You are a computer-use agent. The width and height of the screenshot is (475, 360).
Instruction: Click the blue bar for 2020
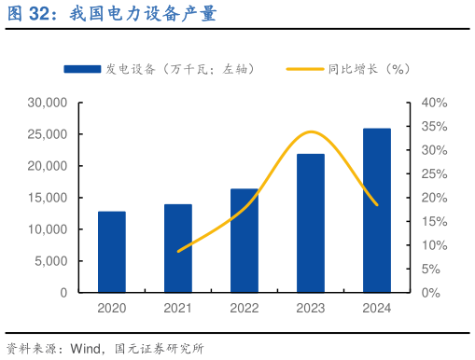112,252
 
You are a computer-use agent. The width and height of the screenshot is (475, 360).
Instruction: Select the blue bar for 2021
178,248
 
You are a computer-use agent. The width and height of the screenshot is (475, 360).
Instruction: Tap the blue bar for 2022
244,241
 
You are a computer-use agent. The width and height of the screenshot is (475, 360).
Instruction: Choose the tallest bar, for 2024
377,210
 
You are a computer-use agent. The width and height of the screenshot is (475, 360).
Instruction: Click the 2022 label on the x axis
244,309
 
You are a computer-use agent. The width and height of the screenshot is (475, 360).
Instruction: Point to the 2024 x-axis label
377,309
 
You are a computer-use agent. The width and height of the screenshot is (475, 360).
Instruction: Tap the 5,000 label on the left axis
51,261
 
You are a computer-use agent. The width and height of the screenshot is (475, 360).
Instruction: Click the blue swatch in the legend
82,69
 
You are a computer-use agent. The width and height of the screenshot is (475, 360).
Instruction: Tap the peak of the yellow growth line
312,132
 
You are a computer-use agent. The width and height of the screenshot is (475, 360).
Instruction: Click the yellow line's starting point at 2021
178,251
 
